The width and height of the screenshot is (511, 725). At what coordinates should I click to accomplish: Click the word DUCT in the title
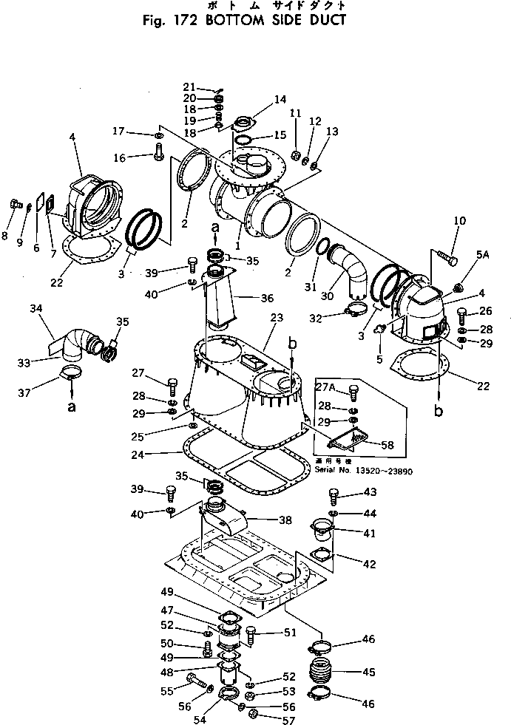[x=324, y=20]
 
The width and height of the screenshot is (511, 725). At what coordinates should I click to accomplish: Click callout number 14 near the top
[x=259, y=99]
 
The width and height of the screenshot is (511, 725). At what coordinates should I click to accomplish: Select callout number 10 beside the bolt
[x=459, y=221]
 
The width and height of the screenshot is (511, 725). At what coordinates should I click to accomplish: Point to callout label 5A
[x=483, y=255]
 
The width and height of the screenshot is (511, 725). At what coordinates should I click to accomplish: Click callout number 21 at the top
[x=189, y=87]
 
